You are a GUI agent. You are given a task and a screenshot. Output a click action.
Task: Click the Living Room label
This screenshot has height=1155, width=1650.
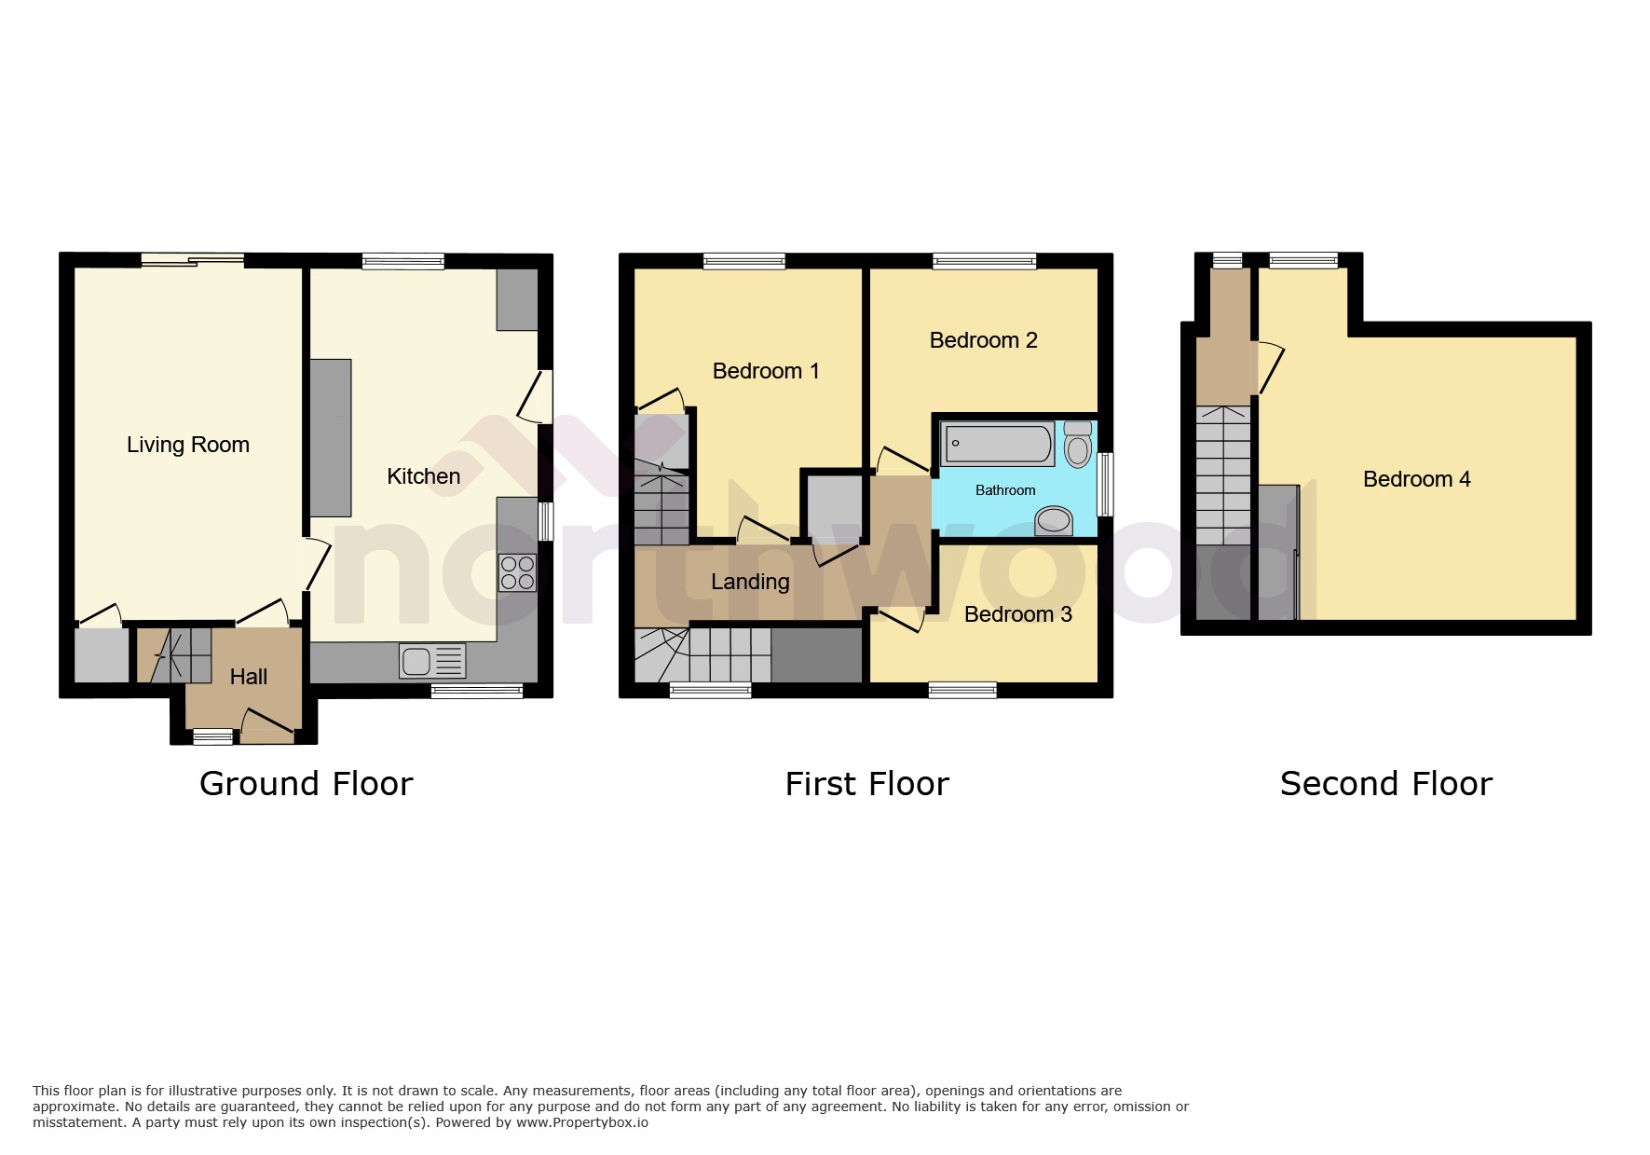188,445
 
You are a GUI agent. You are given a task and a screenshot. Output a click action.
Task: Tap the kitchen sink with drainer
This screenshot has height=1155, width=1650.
432,661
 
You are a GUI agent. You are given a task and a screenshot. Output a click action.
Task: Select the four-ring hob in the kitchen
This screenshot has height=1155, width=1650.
517,572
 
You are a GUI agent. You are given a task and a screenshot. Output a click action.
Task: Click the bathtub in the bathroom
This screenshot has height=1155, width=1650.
997,444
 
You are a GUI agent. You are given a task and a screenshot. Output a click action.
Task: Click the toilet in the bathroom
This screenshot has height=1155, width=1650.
1078,444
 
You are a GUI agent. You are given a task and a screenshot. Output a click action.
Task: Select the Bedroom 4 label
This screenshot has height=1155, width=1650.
1416,479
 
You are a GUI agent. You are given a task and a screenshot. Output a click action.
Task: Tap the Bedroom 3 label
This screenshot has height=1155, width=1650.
1017,614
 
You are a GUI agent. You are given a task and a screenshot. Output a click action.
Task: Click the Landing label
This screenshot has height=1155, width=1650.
750,582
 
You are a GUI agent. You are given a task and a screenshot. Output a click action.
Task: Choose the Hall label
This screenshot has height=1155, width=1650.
249,677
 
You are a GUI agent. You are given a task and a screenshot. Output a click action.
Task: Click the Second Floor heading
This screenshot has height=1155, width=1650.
1385,784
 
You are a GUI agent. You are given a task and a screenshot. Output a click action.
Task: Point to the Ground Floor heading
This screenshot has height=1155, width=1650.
306,784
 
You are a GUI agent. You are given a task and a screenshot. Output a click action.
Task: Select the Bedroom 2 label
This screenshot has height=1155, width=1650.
983,340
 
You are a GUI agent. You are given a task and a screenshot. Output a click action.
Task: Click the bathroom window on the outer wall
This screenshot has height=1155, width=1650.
1105,484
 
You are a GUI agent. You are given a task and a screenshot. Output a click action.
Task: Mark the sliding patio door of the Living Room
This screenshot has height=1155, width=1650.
193,261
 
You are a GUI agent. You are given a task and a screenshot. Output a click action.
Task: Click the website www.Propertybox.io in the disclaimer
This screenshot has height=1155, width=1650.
581,1122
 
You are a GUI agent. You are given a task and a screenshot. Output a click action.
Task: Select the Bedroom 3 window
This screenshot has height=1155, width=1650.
962,690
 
